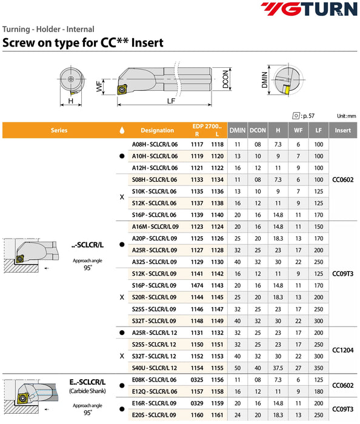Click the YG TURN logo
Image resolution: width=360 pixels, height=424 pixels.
(x=309, y=9)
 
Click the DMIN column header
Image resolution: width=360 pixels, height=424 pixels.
(x=238, y=130)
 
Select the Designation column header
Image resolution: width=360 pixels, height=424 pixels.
(x=157, y=130)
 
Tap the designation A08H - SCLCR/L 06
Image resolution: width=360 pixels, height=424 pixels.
(x=155, y=144)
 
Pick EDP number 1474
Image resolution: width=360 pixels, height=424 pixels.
(x=197, y=285)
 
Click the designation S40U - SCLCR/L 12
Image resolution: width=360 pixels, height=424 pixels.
(x=155, y=368)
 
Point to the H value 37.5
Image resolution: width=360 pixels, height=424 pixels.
(x=278, y=368)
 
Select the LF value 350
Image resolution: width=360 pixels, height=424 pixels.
(x=319, y=368)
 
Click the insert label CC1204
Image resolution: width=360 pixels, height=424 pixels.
(x=342, y=350)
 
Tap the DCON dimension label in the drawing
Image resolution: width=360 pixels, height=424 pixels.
(x=225, y=79)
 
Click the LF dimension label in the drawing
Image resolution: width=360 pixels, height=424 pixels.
(x=171, y=101)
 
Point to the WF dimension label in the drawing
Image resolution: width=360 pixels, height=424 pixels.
(x=99, y=86)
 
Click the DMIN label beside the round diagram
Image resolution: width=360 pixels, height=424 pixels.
(x=264, y=80)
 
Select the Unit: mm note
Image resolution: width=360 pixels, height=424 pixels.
(x=347, y=116)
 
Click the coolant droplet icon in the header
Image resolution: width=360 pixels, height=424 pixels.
(x=122, y=130)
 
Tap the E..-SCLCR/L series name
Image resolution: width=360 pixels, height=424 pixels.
(x=87, y=382)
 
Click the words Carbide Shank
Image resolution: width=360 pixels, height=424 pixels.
(x=87, y=391)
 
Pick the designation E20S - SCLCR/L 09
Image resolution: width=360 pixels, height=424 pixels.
(x=154, y=415)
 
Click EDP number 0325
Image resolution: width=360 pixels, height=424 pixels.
(x=197, y=380)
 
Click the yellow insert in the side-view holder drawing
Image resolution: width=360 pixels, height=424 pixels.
(x=122, y=90)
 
